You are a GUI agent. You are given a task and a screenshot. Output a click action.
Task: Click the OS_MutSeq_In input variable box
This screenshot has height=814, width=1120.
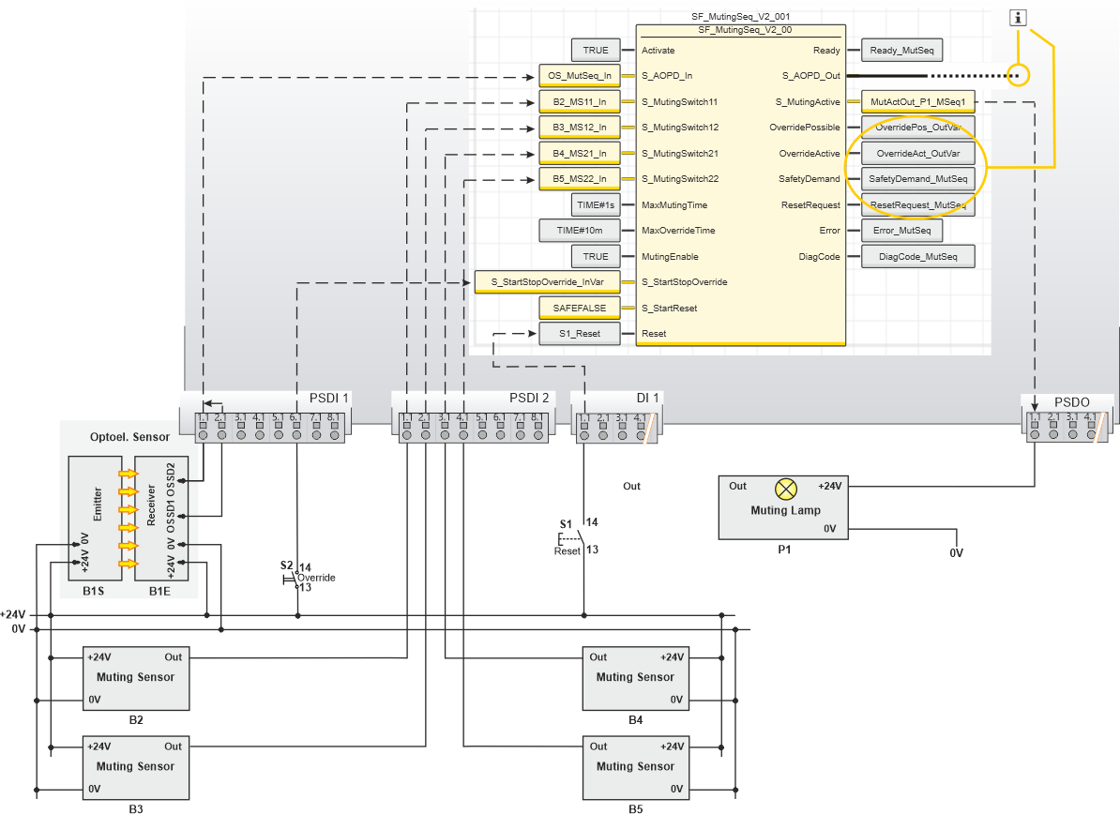(580, 76)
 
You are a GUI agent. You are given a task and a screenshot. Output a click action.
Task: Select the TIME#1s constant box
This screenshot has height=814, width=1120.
(595, 204)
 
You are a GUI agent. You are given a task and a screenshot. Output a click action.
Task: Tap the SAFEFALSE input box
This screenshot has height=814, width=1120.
(580, 308)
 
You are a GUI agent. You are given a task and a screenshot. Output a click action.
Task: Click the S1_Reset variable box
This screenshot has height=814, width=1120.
(580, 334)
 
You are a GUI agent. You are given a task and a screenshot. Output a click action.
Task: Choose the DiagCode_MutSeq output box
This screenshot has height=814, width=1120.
(918, 256)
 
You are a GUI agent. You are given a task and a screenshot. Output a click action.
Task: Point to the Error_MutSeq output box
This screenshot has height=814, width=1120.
(901, 230)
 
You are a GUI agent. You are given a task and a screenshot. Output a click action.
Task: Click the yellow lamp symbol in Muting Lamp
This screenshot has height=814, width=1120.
(786, 488)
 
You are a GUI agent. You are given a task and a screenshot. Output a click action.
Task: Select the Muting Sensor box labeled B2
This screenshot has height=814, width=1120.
(136, 677)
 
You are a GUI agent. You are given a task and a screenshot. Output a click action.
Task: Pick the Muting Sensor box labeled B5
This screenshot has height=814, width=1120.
(635, 767)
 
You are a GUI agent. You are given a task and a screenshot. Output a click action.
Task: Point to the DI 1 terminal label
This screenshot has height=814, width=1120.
(647, 399)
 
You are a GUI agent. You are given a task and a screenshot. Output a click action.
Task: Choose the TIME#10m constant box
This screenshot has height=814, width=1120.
(580, 230)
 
